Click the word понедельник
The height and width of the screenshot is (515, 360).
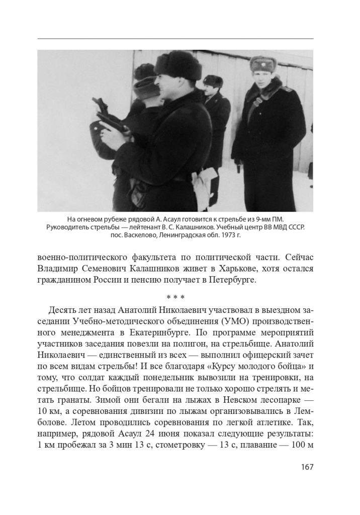point(159,373)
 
